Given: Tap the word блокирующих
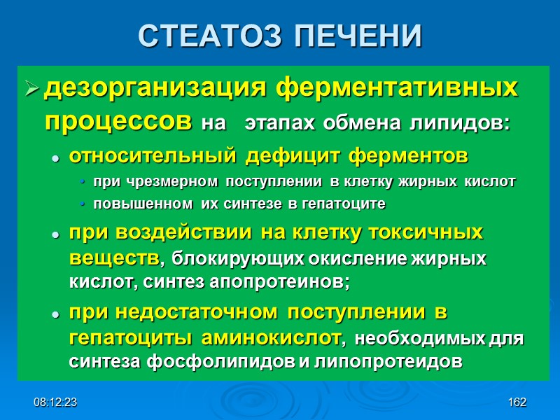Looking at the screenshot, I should point(220,259).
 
